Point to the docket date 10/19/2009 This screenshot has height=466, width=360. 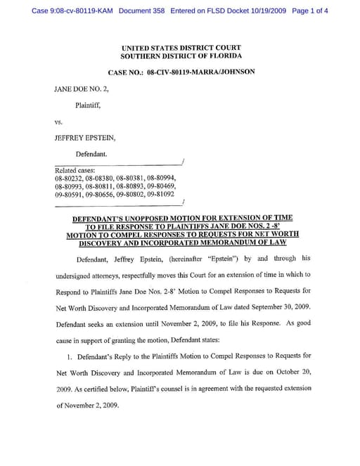tap(264, 11)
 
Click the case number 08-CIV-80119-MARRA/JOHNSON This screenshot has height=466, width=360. tap(201, 72)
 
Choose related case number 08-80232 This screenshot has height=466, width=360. tap(69, 179)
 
